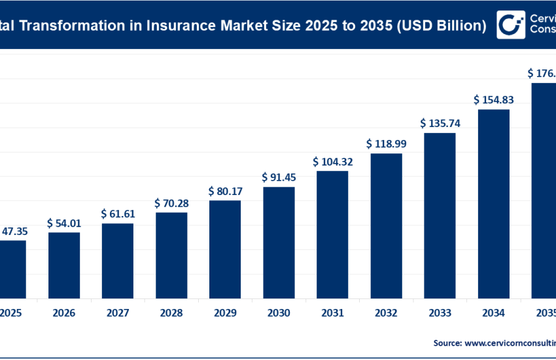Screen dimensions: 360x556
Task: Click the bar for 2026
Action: pyautogui.click(x=64, y=264)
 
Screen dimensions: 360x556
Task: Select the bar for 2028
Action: pyautogui.click(x=171, y=255)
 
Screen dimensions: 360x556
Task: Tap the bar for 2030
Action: pyautogui.click(x=279, y=242)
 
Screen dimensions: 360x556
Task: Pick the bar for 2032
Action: pyautogui.click(x=386, y=225)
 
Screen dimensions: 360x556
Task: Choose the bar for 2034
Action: pyautogui.click(x=493, y=203)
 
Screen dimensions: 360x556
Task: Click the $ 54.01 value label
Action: pyautogui.click(x=64, y=223)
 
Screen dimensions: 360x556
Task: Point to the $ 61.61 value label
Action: pyautogui.click(x=118, y=214)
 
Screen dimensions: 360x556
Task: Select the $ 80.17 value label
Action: pyautogui.click(x=225, y=192)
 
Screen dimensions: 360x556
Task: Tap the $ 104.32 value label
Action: pyautogui.click(x=332, y=162)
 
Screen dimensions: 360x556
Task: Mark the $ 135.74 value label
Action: pyautogui.click(x=440, y=123)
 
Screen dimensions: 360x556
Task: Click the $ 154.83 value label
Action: pyautogui.click(x=493, y=99)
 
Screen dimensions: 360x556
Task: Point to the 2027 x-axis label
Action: pyautogui.click(x=118, y=314)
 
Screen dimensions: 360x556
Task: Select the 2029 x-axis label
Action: pyautogui.click(x=225, y=314)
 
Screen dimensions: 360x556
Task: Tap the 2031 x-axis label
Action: pyautogui.click(x=332, y=314)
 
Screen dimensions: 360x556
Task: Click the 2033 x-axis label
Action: pyautogui.click(x=440, y=314)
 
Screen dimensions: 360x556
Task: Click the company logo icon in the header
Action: pyautogui.click(x=510, y=25)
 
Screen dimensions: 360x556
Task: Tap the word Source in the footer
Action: pyautogui.click(x=446, y=342)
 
